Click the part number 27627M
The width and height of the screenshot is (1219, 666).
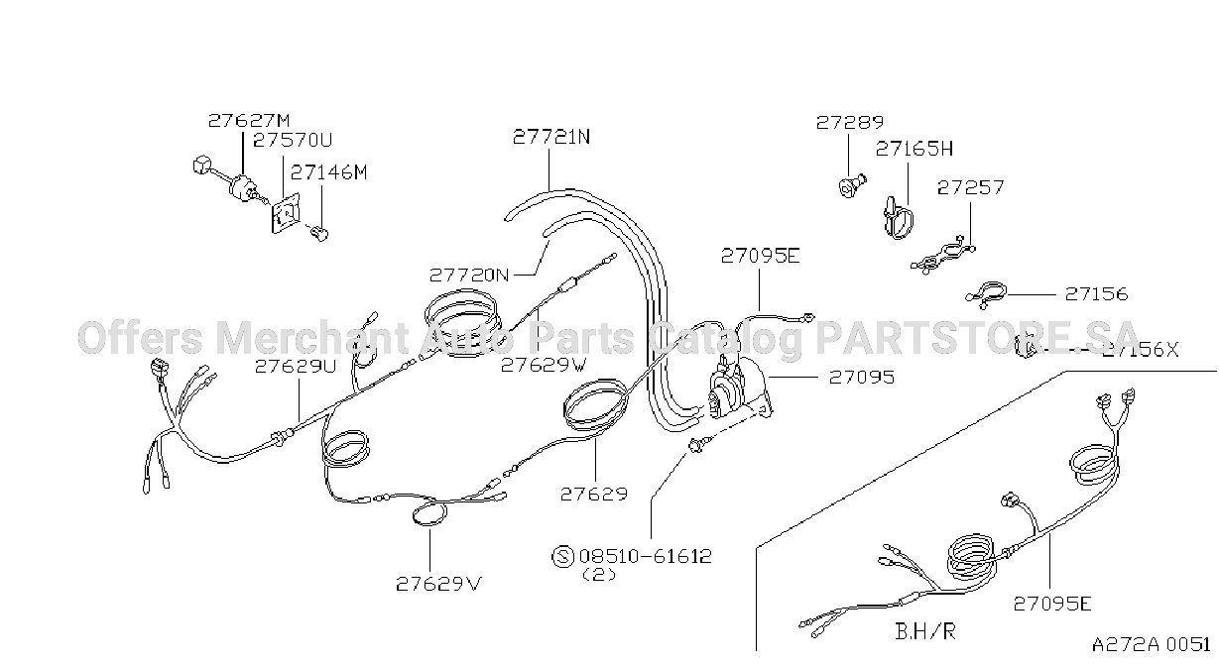[249, 121]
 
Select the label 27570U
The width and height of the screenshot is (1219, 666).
[293, 141]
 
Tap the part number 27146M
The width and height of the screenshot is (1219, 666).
[328, 172]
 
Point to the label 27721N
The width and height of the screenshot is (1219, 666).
[551, 137]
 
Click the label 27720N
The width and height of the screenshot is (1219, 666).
[468, 276]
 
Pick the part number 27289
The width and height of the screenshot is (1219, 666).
[849, 122]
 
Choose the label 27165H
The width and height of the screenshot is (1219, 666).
[914, 149]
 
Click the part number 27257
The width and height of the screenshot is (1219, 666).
[970, 187]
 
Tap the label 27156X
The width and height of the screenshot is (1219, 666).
[1140, 350]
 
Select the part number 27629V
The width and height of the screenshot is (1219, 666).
[438, 584]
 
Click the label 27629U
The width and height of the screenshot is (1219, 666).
[296, 367]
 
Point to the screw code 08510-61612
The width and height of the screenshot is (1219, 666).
[646, 556]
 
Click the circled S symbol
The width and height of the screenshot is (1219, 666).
[562, 556]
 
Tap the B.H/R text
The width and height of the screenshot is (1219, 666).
[925, 631]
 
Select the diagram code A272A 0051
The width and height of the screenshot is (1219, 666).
[1151, 645]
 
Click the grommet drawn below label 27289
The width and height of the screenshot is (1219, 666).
[852, 185]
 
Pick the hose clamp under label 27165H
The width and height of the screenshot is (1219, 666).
[897, 219]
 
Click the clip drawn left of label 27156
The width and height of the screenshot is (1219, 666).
[986, 295]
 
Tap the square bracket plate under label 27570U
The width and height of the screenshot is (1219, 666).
[286, 214]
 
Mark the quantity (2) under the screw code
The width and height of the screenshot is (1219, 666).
[599, 575]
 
